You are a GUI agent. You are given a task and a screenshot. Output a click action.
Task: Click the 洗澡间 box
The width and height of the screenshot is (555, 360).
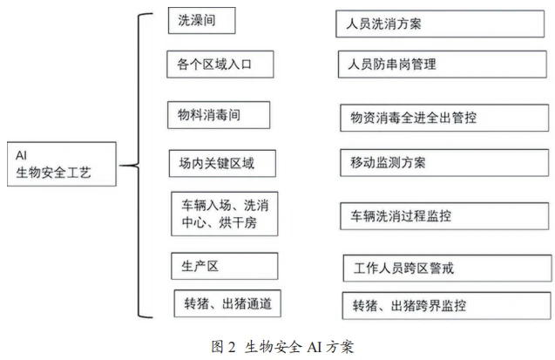(x=202, y=21)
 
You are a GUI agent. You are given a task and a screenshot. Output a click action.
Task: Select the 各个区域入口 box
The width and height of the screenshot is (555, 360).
(x=220, y=65)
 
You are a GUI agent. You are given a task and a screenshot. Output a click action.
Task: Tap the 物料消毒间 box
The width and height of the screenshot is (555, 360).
(x=219, y=115)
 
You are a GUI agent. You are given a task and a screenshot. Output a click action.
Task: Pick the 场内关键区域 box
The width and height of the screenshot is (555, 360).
(x=222, y=164)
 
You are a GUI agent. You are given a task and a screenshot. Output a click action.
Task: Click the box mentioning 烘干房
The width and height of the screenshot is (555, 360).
(x=225, y=214)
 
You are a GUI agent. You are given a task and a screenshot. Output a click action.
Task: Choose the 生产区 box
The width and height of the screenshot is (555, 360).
(x=225, y=266)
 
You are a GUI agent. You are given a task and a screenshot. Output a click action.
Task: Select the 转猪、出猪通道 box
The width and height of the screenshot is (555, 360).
(x=227, y=303)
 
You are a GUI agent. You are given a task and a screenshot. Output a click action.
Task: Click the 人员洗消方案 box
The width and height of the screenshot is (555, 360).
(x=440, y=24)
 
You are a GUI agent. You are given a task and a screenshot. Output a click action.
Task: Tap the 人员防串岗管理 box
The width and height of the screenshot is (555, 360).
(x=443, y=65)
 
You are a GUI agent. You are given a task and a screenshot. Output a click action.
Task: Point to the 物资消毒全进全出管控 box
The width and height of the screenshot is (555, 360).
(x=444, y=118)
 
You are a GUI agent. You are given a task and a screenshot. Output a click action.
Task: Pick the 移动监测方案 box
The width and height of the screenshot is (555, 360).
(x=444, y=163)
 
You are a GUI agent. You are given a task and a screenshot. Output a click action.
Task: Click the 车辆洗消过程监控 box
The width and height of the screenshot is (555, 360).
(x=444, y=216)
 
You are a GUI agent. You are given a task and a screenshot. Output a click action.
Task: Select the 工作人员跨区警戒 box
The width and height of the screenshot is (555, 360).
(x=448, y=268)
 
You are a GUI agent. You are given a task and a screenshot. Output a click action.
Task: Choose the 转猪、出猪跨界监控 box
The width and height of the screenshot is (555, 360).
(x=447, y=305)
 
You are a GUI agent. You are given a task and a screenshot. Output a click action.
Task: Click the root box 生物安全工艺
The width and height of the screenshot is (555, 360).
(x=62, y=164)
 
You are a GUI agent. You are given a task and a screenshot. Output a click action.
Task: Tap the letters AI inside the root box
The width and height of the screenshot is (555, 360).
(x=21, y=155)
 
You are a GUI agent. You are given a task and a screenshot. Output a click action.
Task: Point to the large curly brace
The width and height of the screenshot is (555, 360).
(x=139, y=166)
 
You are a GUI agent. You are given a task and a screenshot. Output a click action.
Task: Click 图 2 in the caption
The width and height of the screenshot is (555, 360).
(x=223, y=347)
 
